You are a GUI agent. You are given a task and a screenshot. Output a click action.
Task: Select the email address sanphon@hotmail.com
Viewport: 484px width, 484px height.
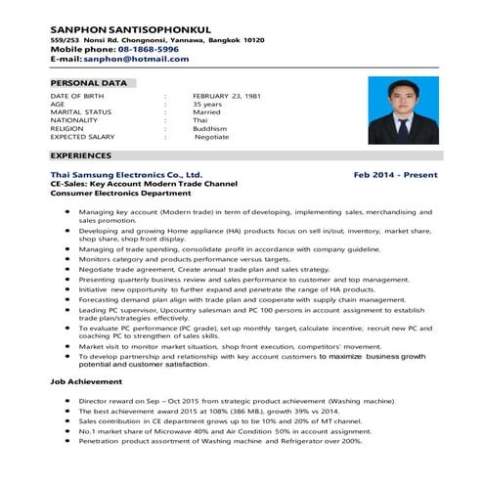tap(136, 60)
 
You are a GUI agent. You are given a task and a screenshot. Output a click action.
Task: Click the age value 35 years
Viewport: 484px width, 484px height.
tap(206, 105)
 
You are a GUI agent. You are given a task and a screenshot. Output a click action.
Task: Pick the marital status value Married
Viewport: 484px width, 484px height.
tap(206, 112)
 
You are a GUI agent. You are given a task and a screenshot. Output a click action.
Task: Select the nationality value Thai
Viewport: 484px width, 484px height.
tap(199, 120)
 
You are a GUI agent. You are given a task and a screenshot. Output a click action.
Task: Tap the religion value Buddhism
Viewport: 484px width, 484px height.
tap(209, 129)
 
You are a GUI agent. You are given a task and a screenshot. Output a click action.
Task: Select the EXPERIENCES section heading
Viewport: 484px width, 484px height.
tap(83, 155)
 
